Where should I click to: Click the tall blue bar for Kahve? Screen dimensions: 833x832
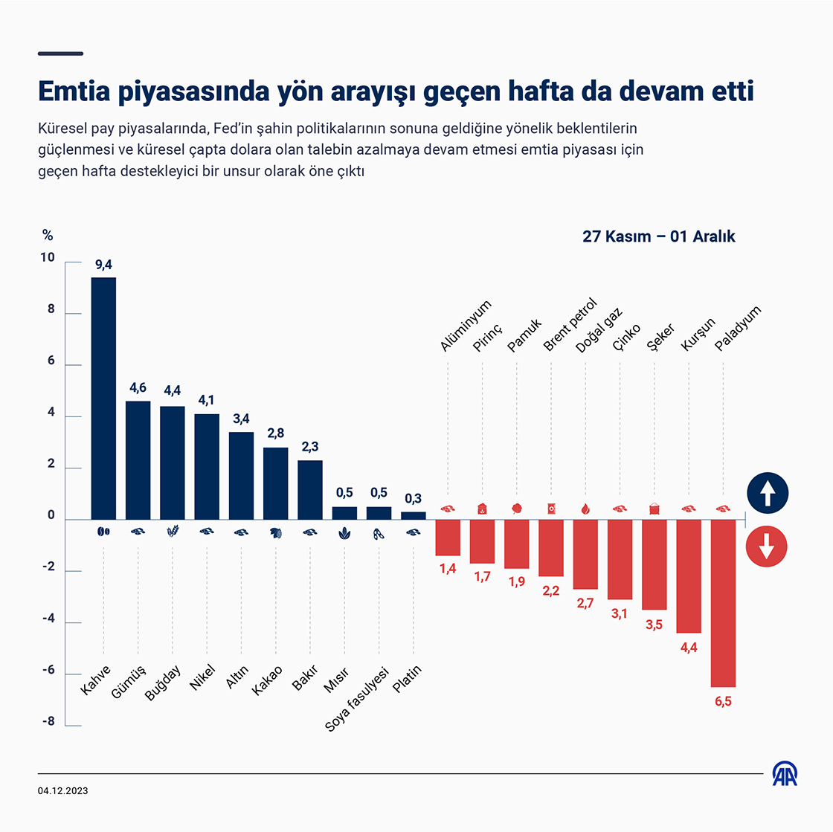coord(103,398)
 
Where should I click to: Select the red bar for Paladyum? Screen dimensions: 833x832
coord(723,602)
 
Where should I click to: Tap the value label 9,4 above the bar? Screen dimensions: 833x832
coord(103,265)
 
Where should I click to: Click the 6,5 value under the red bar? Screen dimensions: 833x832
coord(723,701)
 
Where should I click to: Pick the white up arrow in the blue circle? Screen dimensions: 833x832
coord(767,493)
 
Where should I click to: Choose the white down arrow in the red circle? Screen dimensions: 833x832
coord(767,547)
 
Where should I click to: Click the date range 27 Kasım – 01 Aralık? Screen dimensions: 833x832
coord(658,236)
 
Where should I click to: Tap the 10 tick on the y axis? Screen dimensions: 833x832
coord(48,258)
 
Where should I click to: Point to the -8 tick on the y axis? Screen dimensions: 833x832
coord(48,721)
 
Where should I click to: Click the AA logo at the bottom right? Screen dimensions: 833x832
coord(785,774)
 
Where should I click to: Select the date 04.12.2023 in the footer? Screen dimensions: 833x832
coord(62,790)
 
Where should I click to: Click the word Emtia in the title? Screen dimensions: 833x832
coord(74,91)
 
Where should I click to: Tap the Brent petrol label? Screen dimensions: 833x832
coord(570,324)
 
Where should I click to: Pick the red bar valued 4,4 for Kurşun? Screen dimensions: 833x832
coord(689,575)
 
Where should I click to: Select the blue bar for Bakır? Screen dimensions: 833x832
coord(310,489)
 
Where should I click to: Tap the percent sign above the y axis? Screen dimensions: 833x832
coord(48,236)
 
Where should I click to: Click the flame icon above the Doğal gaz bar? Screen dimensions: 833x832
coord(585,509)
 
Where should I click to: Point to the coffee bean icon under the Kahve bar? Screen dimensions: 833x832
coord(103,532)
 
